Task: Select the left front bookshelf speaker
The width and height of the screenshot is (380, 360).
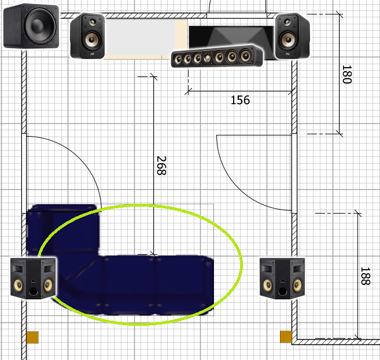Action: coord(87,36)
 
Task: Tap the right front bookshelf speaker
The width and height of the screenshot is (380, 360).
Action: coord(292,36)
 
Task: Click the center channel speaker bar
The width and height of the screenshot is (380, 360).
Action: coord(217,56)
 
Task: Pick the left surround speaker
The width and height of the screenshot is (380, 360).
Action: coord(33,278)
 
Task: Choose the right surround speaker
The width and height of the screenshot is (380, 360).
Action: coord(282,278)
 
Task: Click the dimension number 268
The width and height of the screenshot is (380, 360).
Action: coord(161,166)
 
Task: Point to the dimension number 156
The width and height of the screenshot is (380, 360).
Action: coord(240,100)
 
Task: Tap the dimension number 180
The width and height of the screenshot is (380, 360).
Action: coord(347,74)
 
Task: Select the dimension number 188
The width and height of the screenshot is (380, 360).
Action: coord(366,276)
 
